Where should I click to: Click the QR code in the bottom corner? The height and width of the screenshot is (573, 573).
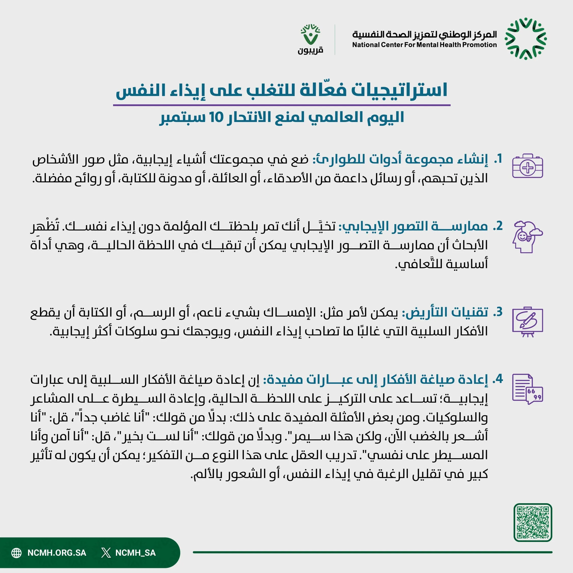coord(533,522)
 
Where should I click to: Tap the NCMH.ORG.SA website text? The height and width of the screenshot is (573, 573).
coord(57,553)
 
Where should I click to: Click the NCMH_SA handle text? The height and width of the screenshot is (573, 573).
coord(135,553)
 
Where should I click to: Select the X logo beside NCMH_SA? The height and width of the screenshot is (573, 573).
coord(106,553)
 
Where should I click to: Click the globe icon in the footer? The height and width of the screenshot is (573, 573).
coord(17,553)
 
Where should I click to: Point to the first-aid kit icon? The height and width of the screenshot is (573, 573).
coord(528,166)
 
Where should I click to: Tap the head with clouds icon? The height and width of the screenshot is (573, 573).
coord(527,237)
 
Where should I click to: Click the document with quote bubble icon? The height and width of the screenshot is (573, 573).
coord(528,389)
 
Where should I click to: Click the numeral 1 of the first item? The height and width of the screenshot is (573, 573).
coord(499,159)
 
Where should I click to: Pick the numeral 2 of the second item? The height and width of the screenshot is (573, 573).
coord(499,226)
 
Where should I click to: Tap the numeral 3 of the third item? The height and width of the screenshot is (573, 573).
coord(499,312)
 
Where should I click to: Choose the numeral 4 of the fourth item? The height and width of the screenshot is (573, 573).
coord(499,379)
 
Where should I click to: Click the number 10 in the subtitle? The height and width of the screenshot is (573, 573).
coord(216,117)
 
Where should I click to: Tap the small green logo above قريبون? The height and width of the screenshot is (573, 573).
coord(310,35)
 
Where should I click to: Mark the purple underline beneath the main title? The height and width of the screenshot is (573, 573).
coord(281,105)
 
